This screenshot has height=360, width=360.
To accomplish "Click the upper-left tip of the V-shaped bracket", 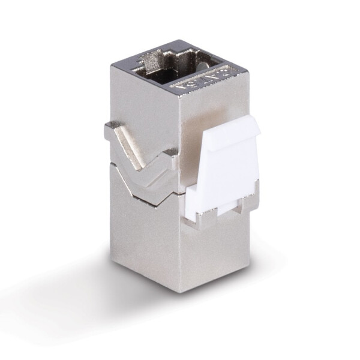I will click(x=112, y=128).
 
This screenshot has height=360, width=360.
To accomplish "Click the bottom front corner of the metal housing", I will click(x=181, y=290).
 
